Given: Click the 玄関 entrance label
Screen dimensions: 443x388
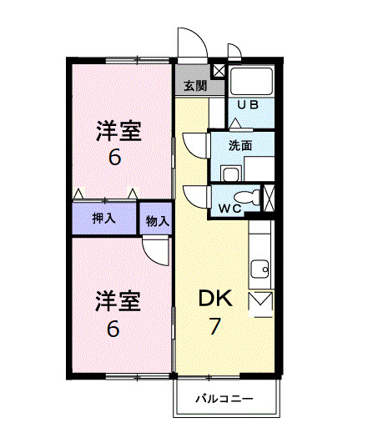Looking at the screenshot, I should coord(195,86).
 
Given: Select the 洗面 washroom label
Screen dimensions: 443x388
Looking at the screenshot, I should coord(241,144).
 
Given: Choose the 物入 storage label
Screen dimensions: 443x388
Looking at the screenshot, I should coord(156,221).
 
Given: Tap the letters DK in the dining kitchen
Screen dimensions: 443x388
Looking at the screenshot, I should coord(219,300).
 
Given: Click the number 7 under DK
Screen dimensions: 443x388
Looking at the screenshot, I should coord(215,326).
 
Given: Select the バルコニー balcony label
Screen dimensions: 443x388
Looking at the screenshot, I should coord(224,399).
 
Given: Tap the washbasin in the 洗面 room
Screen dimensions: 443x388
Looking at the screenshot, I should coord(230,173).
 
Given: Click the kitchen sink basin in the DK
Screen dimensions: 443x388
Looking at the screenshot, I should coord(260,269).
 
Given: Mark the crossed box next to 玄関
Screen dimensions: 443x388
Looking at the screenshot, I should coord(219,71).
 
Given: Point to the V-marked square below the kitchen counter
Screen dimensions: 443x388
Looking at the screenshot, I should coord(261,301).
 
